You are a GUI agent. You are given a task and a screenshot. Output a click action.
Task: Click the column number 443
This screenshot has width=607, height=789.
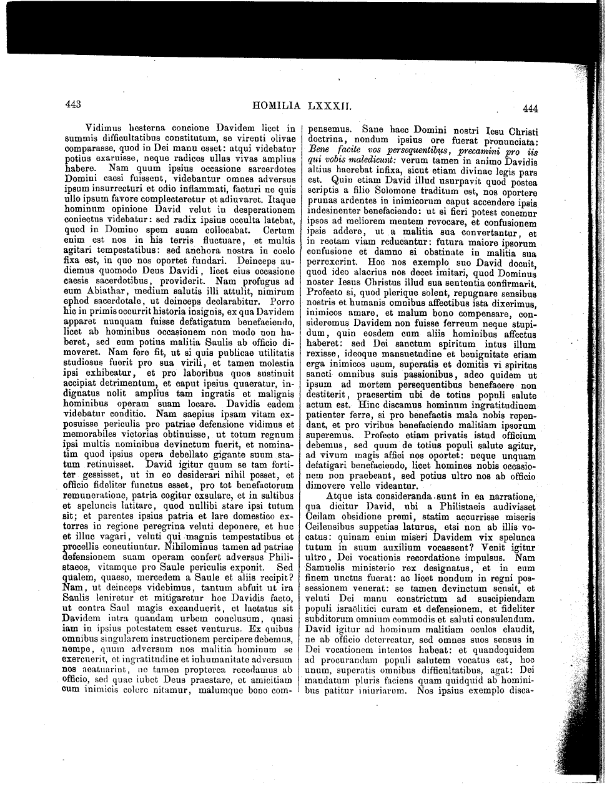click(74, 105)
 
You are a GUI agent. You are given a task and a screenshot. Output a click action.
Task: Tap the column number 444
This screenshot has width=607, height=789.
click(531, 108)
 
